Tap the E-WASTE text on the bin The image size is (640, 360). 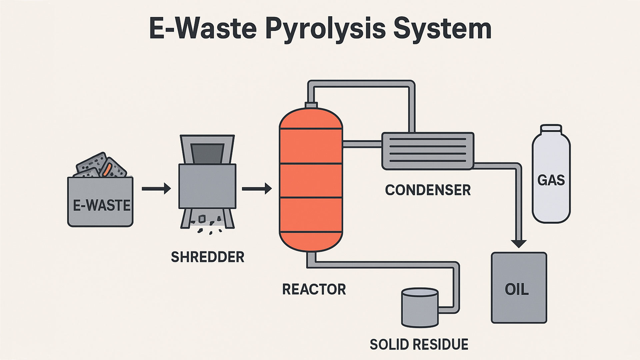click(x=101, y=206)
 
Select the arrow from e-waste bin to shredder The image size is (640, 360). click(x=156, y=189)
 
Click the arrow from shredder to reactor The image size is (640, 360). click(x=256, y=189)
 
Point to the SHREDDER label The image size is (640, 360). click(x=207, y=257)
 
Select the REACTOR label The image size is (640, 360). click(x=314, y=289)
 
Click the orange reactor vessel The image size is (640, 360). click(x=311, y=180)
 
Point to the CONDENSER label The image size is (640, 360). click(x=428, y=190)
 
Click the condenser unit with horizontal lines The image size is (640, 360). click(x=428, y=151)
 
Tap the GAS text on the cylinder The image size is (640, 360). click(x=551, y=180)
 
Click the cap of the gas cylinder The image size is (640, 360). click(x=551, y=129)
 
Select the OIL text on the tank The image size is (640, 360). click(x=517, y=289)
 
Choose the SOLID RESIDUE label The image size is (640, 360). click(x=419, y=344)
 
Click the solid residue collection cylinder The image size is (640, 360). click(x=420, y=308)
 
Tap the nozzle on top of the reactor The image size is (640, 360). click(x=311, y=105)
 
